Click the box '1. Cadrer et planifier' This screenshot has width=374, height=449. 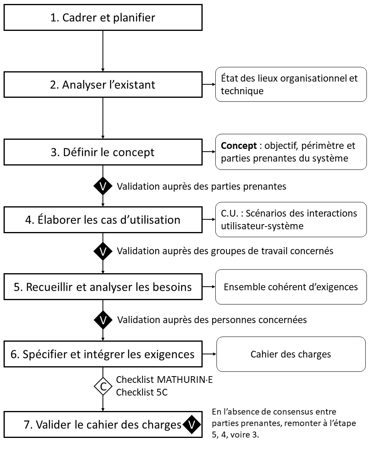coord(103,17)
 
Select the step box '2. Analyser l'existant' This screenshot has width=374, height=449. coord(103,85)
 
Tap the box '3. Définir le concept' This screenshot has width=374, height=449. coord(103,152)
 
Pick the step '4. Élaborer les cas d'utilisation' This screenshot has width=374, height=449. coord(103,220)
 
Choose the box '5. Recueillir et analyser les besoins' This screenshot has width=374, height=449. coord(103,287)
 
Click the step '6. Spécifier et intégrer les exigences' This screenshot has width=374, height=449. coord(103,354)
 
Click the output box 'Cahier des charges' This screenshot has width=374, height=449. coord(291,354)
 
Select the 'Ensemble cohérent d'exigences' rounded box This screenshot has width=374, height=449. coord(291,287)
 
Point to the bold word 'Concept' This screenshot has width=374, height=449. coord(239,146)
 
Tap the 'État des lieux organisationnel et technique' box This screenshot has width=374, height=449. coord(291,84)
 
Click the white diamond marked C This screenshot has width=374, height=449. coord(103,388)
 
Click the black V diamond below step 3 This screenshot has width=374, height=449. coord(103,186)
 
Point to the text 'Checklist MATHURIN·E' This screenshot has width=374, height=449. coord(164,380)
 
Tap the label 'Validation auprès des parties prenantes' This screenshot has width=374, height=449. coord(201,186)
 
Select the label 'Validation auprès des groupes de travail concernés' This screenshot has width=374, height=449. coord(225,251)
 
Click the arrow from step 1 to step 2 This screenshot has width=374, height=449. coord(103,51)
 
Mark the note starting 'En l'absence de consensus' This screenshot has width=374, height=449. coord(284,424)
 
